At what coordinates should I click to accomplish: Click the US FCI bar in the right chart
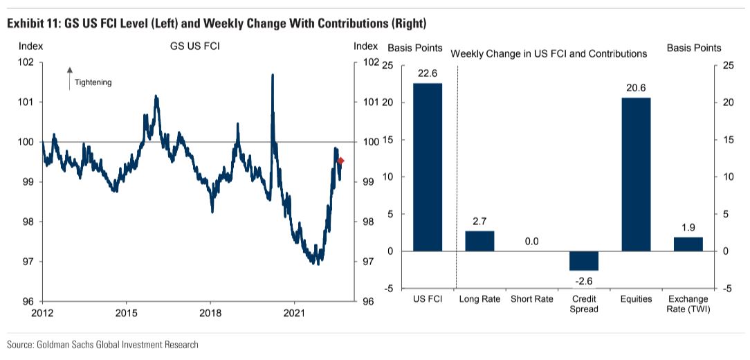tap(428, 167)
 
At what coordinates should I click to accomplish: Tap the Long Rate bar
tap(479, 241)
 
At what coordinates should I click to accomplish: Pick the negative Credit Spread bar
tap(583, 260)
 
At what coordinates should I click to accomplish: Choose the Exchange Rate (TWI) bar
tap(688, 244)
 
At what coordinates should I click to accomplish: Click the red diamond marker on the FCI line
tap(340, 161)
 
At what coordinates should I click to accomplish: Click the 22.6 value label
tap(428, 73)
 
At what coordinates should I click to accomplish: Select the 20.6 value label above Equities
tap(636, 87)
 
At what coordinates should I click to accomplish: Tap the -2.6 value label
tap(583, 280)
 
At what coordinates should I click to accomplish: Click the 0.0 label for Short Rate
tap(531, 242)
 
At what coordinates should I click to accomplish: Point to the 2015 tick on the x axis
tap(126, 305)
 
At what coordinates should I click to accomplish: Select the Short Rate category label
tap(531, 299)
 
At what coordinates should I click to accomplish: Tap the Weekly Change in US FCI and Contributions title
tap(549, 53)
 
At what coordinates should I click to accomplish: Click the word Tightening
tap(93, 82)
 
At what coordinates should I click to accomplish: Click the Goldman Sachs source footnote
tap(102, 344)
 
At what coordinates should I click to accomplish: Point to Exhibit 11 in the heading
tap(33, 24)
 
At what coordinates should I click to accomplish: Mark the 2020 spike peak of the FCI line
tap(272, 75)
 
